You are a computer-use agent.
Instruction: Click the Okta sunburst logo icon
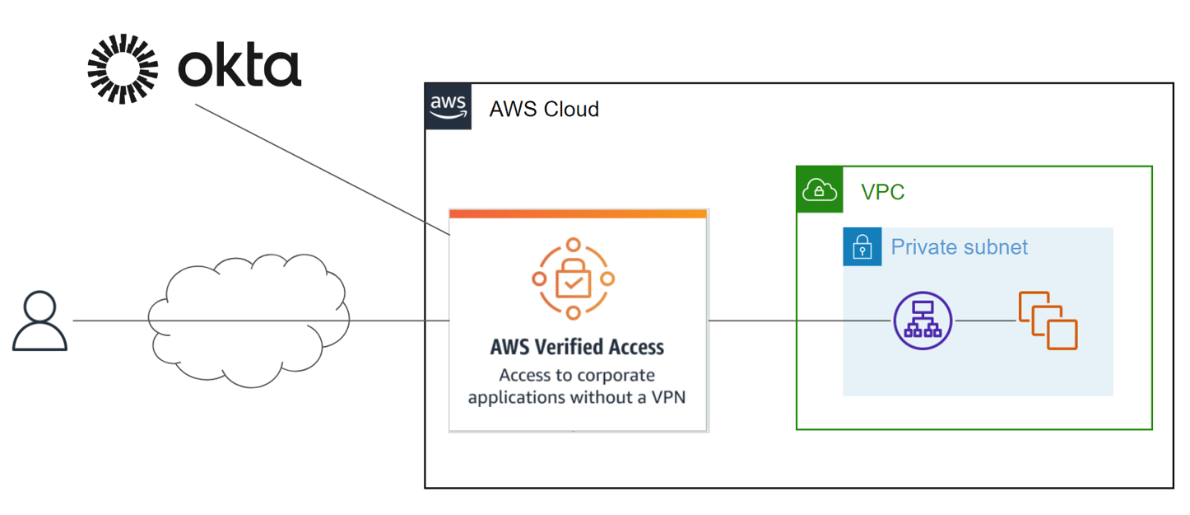click(123, 69)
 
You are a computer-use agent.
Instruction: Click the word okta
click(239, 68)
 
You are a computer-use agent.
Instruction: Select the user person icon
click(40, 321)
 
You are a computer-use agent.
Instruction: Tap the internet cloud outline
click(247, 272)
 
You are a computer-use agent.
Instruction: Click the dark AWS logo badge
click(449, 106)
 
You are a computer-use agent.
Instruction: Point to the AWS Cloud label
click(544, 109)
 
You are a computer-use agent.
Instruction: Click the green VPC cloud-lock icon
click(820, 190)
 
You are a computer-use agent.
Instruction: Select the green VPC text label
click(882, 192)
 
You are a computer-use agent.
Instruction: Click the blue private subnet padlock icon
click(862, 246)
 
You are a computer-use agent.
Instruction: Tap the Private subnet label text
click(959, 246)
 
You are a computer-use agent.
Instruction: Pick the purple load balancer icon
click(923, 321)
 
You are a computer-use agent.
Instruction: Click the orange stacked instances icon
click(1048, 321)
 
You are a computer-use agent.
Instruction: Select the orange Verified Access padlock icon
click(573, 279)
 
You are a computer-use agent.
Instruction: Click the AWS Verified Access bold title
click(577, 347)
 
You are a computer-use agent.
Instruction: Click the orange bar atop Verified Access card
click(578, 214)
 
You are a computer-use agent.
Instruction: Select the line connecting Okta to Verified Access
click(321, 169)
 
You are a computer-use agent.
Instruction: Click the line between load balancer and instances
click(985, 321)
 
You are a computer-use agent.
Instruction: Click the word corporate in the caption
click(616, 376)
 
